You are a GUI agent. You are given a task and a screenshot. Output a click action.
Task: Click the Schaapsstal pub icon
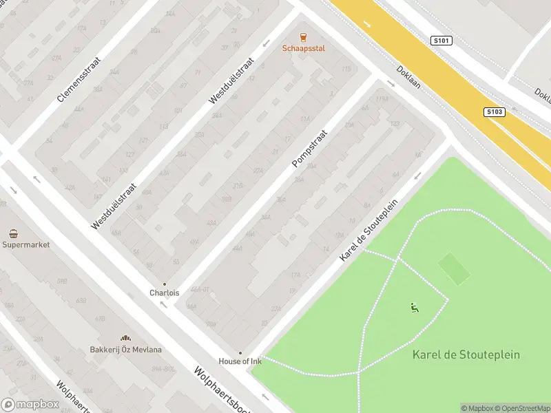click(303, 37)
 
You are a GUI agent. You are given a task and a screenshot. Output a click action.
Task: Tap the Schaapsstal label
click(303, 48)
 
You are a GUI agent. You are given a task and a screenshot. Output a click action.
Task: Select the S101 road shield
click(441, 41)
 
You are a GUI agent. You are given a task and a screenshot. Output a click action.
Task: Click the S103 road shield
click(495, 112)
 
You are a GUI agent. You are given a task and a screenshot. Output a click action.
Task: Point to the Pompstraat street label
click(309, 148)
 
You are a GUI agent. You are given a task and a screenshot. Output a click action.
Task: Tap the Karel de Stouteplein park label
click(466, 355)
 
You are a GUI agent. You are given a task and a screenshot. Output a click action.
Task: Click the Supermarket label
click(26, 245)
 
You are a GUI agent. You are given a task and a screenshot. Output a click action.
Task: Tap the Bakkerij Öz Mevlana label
click(126, 350)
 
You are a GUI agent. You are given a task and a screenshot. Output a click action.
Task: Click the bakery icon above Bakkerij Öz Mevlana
click(126, 338)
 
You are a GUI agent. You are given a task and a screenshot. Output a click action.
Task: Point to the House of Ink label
click(240, 361)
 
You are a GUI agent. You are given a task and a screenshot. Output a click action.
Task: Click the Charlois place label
click(164, 293)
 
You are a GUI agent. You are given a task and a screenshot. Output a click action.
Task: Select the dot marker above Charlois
click(164, 284)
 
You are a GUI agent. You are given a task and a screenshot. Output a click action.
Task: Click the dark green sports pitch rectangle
click(455, 269)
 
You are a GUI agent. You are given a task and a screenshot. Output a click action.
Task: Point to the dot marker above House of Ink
click(240, 352)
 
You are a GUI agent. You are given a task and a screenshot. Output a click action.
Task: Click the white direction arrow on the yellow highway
click(367, 25)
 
